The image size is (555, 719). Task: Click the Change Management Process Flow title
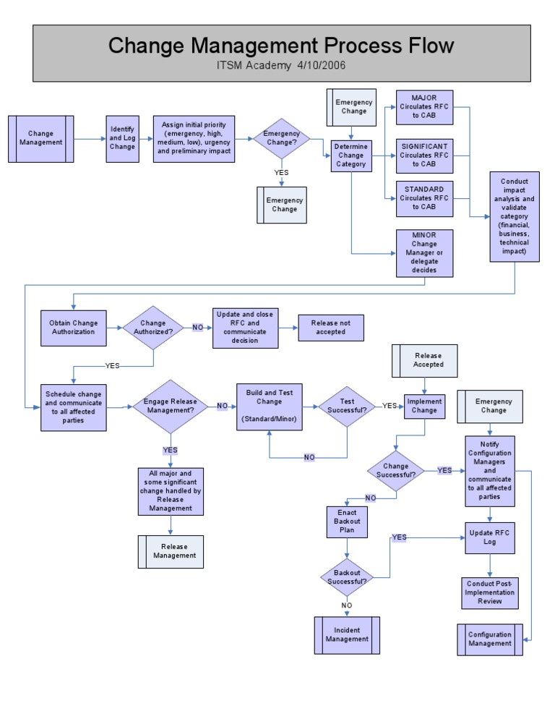coord(281,46)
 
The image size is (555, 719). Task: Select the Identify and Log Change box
coord(122,138)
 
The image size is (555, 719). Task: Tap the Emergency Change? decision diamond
coord(280,138)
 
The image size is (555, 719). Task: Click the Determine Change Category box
coord(351,156)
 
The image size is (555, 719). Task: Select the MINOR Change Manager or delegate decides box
coord(424,253)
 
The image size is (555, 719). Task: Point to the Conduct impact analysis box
coord(514,216)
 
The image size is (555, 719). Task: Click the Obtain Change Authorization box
coord(73,327)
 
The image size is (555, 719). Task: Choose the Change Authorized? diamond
coord(152,328)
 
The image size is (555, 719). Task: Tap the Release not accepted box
coord(330,328)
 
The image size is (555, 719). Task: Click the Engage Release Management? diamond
coord(170,407)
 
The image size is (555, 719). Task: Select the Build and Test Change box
coord(269,407)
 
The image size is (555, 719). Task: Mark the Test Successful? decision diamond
coord(347,407)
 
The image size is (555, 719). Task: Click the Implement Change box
coord(423,407)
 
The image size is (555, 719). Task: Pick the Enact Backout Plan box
coord(347,522)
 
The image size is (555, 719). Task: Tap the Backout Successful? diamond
coord(346,577)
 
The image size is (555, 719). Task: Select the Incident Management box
coord(347,634)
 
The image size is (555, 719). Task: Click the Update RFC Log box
coord(490,537)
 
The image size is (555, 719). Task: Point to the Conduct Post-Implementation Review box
coord(490,592)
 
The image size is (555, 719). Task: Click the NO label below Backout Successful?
coord(346,605)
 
